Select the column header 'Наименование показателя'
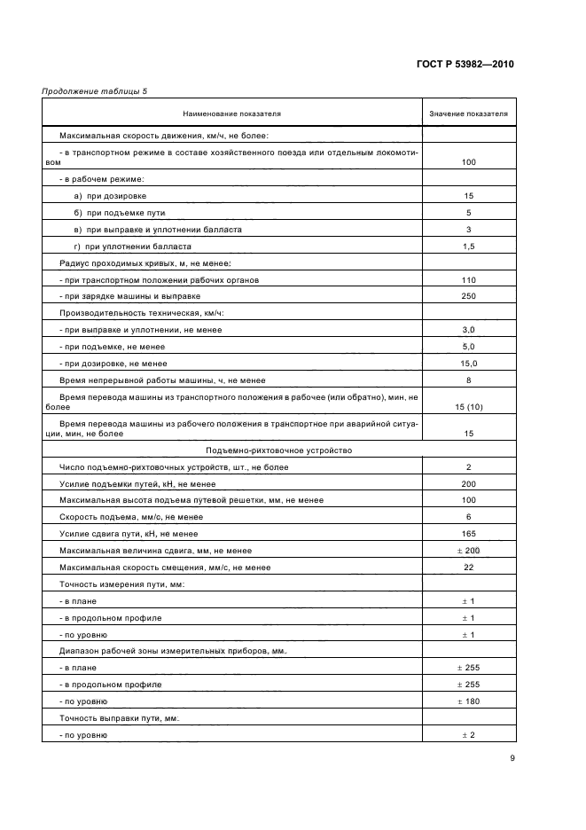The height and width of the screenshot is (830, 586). [x=232, y=114]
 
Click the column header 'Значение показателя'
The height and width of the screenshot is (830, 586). [x=468, y=114]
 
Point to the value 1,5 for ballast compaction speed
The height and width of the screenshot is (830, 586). [x=468, y=246]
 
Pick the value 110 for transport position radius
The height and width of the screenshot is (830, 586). [x=468, y=279]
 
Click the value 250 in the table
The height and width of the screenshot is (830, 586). [x=468, y=296]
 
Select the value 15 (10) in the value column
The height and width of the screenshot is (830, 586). [x=468, y=406]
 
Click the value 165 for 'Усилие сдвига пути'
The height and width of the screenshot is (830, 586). [x=468, y=534]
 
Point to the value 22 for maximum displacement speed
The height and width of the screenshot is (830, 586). [x=468, y=568]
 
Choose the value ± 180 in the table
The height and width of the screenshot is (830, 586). [x=468, y=701]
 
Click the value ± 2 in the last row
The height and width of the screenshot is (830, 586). [x=468, y=735]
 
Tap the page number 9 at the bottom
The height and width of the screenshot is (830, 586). [x=512, y=758]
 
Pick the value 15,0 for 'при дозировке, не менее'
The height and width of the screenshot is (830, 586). [x=468, y=364]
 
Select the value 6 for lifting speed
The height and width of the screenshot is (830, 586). [x=468, y=517]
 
